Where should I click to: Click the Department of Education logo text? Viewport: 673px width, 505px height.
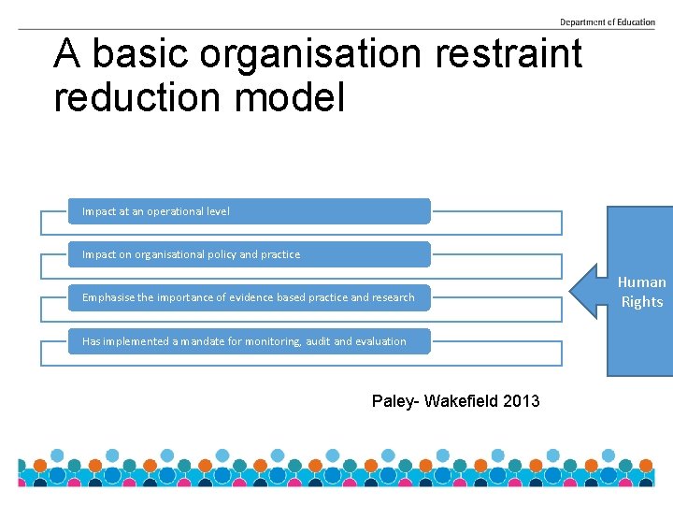607,22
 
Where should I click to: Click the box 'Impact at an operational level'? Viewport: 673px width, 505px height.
250,211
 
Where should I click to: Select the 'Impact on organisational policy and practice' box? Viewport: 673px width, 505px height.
250,254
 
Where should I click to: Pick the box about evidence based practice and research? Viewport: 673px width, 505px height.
250,297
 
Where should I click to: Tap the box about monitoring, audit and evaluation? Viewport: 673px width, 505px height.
250,341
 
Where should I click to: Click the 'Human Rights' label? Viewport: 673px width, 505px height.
642,292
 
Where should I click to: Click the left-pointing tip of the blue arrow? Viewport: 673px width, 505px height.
573,291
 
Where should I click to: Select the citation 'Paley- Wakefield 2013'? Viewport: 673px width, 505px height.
455,401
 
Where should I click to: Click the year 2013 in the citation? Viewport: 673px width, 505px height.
522,401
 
